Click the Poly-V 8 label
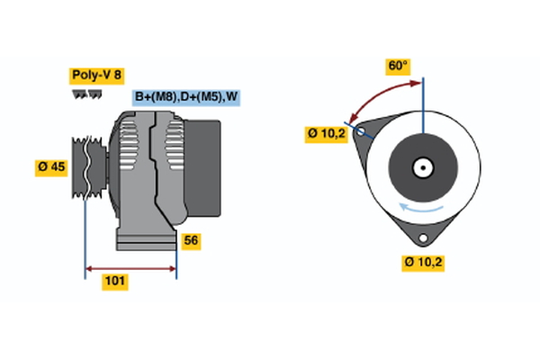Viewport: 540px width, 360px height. coord(95,76)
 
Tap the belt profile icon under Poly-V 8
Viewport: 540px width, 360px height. coord(85,94)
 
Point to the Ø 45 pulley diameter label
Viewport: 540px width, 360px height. coord(51,166)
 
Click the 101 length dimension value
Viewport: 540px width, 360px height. coord(114,282)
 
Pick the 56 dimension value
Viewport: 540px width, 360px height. coord(191,240)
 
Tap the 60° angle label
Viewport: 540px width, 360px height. coord(397,66)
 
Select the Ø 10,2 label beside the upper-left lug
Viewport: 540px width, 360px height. coord(326,133)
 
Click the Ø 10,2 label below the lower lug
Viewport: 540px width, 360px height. coord(423,262)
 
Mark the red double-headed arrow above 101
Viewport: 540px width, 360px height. coord(130,267)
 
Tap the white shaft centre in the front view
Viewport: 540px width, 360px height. coord(421,167)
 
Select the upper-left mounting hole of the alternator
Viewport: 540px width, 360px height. coord(362,131)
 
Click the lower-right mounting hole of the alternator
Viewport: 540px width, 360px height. coord(422,238)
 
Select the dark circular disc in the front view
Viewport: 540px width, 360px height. coord(421,167)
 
